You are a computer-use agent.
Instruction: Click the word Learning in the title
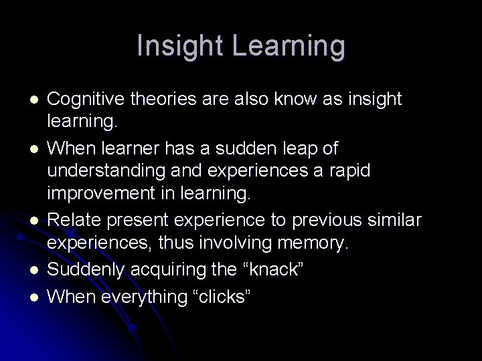(x=291, y=47)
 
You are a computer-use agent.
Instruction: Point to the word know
(x=299, y=99)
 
